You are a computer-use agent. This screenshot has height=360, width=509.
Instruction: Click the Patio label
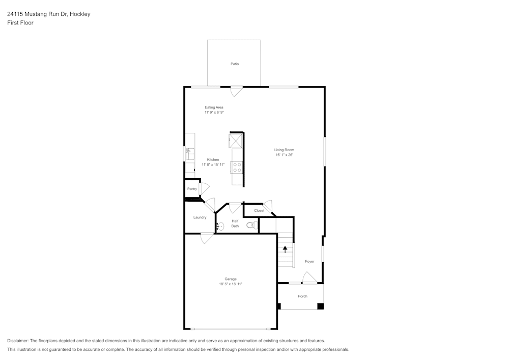click(235, 64)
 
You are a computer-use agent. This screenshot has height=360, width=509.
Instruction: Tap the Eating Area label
click(214, 107)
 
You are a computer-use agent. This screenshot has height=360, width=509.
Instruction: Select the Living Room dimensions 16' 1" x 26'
click(285, 155)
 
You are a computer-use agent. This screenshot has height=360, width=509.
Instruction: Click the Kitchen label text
click(213, 160)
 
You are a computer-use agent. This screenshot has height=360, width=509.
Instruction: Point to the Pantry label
click(192, 189)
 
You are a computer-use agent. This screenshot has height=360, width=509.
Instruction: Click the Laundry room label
click(200, 217)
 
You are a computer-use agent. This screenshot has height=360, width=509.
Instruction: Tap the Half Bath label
click(235, 224)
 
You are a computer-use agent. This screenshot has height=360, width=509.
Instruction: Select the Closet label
click(259, 210)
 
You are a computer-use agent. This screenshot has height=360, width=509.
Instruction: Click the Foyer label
click(309, 262)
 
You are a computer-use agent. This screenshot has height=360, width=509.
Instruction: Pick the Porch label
click(302, 296)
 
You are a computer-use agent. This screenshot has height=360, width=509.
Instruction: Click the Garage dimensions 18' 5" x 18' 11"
click(227, 284)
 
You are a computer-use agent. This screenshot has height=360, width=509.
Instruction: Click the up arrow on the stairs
click(285, 249)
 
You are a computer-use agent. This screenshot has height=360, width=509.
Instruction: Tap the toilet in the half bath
click(251, 225)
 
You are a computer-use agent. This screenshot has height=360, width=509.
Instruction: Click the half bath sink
click(220, 227)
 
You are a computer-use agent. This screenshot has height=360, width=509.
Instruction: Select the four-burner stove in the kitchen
click(237, 167)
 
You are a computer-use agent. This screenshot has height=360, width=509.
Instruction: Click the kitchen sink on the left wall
click(189, 152)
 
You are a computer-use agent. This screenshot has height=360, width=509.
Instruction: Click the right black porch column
click(320, 306)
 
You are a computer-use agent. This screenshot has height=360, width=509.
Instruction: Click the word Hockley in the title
click(79, 14)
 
